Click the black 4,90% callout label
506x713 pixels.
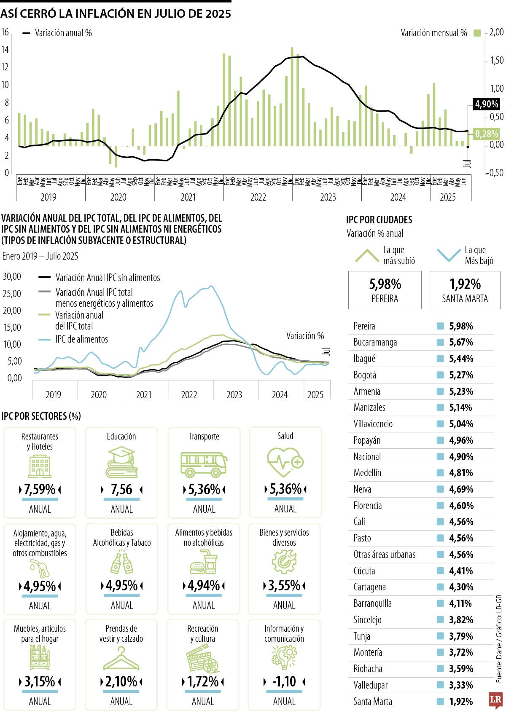(x=486, y=104)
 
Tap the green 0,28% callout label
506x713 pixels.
(x=486, y=134)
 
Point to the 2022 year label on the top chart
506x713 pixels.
(x=258, y=197)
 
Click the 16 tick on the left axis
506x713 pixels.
(x=5, y=32)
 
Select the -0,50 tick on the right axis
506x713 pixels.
(x=494, y=173)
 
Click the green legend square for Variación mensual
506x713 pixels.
(x=477, y=33)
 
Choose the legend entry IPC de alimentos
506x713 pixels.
(x=81, y=339)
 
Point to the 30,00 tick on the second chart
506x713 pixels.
(x=12, y=276)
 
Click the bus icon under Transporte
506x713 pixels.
(x=204, y=464)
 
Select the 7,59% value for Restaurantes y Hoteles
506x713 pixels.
(x=40, y=490)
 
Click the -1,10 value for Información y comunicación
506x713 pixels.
(x=284, y=681)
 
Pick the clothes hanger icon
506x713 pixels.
(x=121, y=658)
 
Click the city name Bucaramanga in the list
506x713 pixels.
(x=375, y=342)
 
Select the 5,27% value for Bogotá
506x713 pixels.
(x=461, y=375)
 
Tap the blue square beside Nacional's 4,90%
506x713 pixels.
(x=441, y=457)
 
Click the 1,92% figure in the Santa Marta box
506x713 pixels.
(x=465, y=284)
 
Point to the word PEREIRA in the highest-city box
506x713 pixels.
(x=385, y=299)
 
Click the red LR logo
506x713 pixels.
(x=495, y=700)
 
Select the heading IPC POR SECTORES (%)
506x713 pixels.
(x=41, y=416)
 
